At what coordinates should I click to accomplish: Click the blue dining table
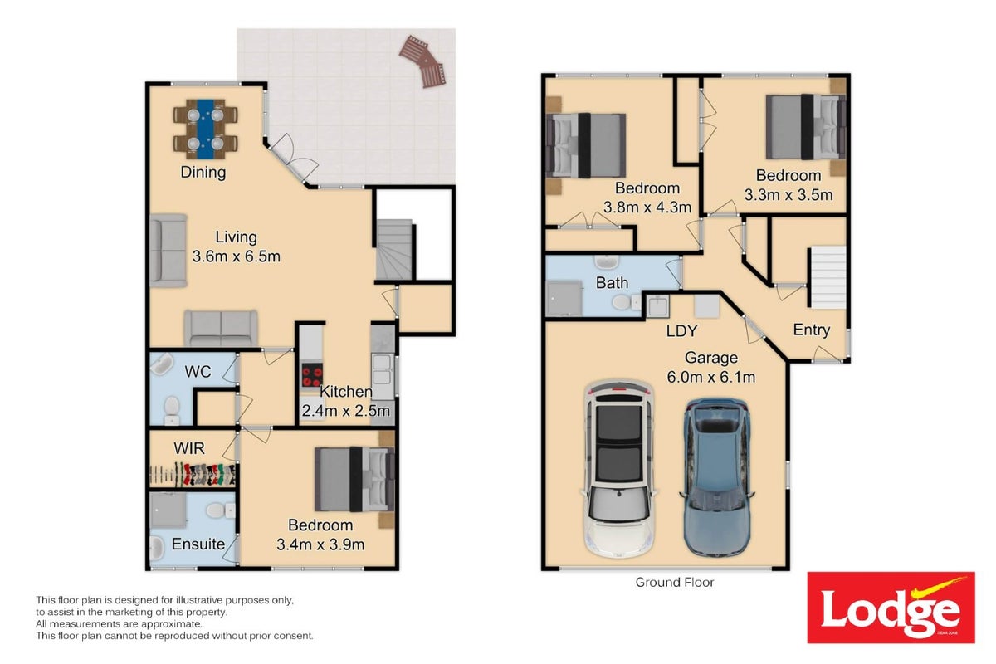pos(205,129)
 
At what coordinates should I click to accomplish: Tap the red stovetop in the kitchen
pos(312,376)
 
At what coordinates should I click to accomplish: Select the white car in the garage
pos(618,468)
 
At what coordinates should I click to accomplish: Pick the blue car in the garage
pos(716,476)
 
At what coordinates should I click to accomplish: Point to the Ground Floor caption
pos(674,582)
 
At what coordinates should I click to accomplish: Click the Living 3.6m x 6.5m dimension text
pos(236,247)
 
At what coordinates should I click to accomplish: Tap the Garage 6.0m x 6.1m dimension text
pos(711,367)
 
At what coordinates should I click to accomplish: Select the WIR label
pos(189,448)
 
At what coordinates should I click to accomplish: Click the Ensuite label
pos(198,544)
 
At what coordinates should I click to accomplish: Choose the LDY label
pos(681,331)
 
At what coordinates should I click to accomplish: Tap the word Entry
pos(812,330)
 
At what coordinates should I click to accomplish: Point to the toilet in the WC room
pos(171,411)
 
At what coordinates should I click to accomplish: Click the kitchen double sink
pos(383,369)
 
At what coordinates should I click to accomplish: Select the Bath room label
pos(612,283)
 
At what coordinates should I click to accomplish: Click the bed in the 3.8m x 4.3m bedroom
pos(586,145)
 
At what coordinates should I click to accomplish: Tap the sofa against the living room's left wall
pos(168,251)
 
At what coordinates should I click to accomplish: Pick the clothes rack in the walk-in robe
pos(193,474)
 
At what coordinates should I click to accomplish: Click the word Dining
pos(203,172)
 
